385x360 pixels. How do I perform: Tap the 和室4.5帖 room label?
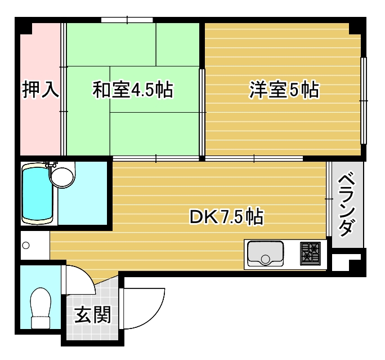click(133, 90)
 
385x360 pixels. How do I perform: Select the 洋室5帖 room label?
click(284, 90)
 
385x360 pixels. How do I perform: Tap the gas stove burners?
click(310, 253)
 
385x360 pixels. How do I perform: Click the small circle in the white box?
click(25, 246)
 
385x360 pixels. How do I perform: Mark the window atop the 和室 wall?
click(128, 21)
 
